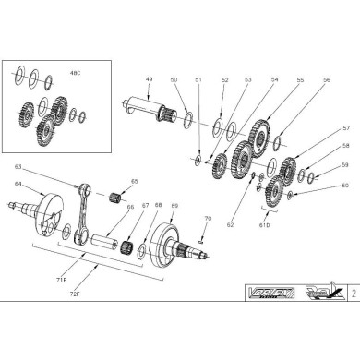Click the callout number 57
point(319,128)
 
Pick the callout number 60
point(319,186)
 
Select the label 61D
point(267,225)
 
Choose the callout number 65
point(134,182)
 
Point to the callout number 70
point(208,219)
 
